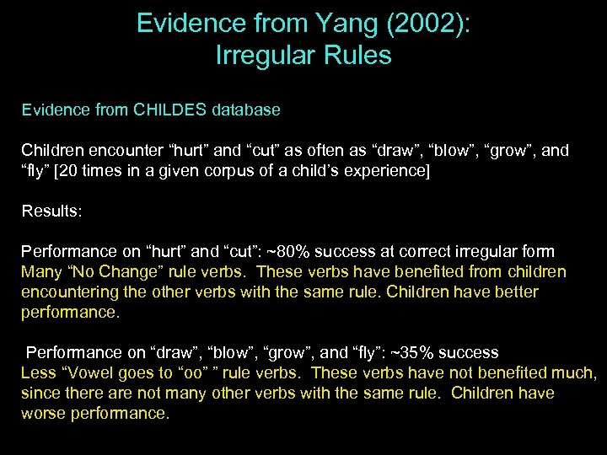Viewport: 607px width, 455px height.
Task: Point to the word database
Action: [x=244, y=110]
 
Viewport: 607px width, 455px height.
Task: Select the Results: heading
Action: [x=52, y=211]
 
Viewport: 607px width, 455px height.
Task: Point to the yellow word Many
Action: [x=40, y=271]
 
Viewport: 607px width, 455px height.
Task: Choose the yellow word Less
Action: [x=37, y=372]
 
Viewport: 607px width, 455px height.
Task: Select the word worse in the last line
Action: [x=46, y=413]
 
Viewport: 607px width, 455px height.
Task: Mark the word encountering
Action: [x=67, y=292]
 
